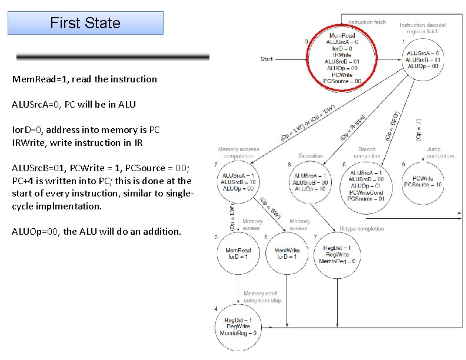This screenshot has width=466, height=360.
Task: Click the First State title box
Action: [85, 24]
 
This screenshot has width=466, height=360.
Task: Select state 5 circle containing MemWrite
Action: [287, 254]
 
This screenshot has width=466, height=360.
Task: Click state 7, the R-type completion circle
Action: [337, 254]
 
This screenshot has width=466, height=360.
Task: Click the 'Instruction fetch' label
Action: [367, 22]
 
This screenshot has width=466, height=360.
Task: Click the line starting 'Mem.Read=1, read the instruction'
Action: [85, 79]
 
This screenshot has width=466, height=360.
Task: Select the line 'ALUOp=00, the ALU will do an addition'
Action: [97, 231]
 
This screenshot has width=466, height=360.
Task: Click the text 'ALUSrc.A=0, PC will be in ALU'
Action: [74, 104]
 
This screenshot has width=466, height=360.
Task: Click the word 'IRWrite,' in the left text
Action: [29, 142]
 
